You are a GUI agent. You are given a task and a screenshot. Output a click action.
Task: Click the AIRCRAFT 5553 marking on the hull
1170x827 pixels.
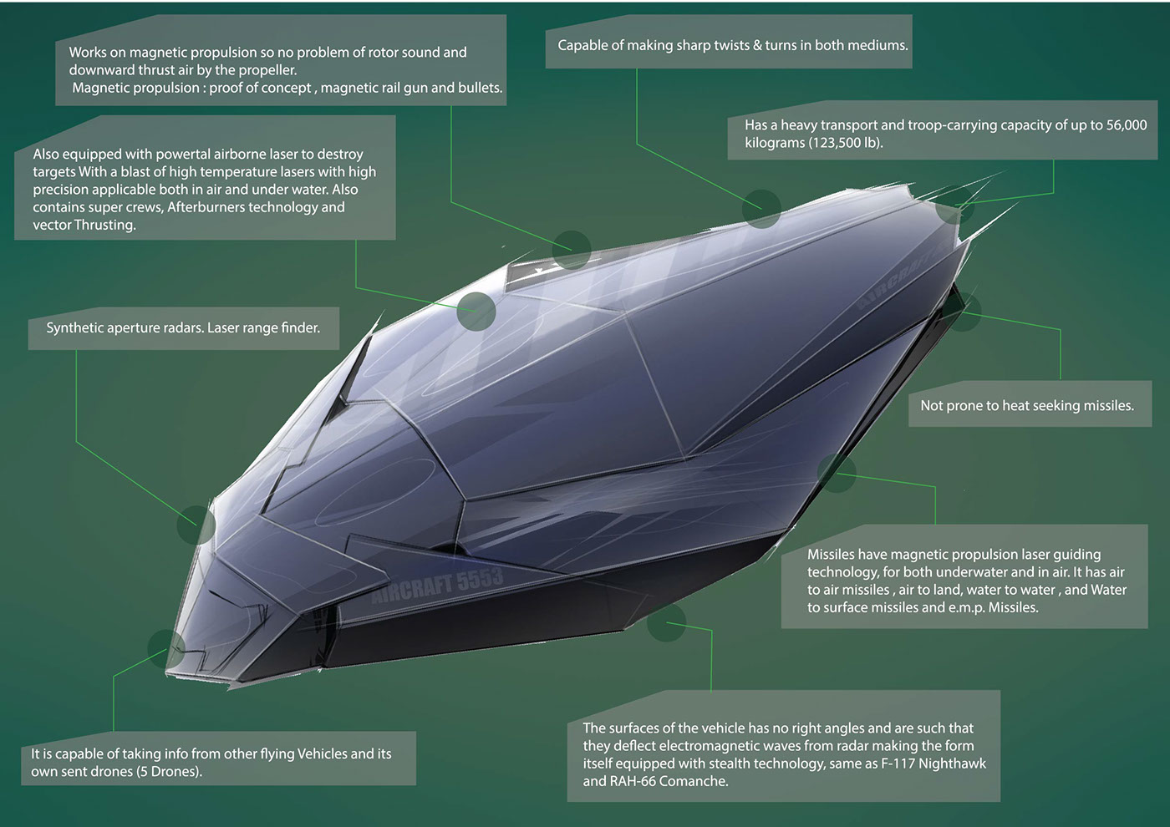coord(437,584)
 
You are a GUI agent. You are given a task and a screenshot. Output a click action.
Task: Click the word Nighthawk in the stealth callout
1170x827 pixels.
coord(952,764)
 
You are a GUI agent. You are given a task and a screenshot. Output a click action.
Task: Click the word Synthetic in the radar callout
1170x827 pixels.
coord(74,327)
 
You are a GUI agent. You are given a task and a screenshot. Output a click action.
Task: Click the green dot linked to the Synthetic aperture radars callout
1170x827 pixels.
coord(196,525)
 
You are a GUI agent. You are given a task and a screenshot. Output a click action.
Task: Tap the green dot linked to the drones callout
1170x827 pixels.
coord(165,647)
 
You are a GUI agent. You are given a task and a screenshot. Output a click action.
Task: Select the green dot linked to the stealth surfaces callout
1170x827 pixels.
coord(666,623)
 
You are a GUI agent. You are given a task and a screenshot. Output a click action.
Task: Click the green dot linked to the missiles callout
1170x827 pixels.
coord(837,474)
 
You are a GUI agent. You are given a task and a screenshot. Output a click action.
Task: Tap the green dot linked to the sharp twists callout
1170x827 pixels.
coord(761,208)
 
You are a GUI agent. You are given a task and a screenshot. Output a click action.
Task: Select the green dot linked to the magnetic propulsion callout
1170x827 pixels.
coord(572,250)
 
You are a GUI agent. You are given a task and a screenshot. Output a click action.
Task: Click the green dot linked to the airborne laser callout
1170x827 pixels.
coord(476,312)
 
